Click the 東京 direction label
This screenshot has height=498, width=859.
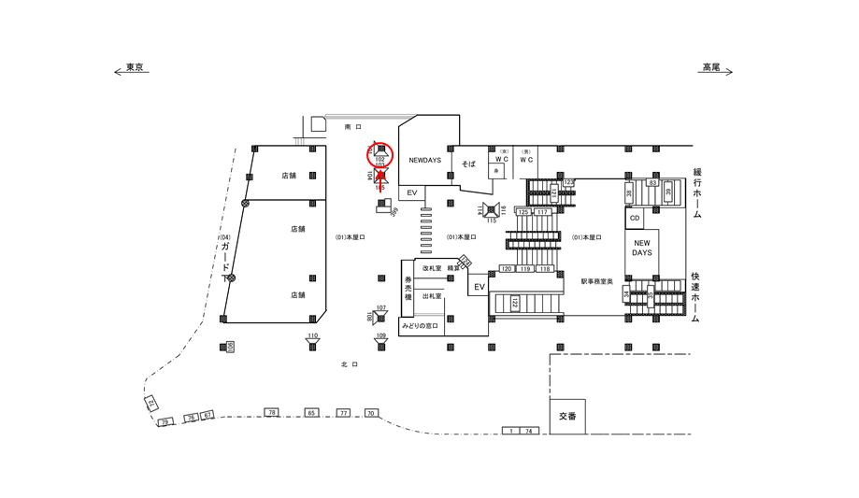click(x=136, y=68)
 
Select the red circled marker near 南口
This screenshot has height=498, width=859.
click(x=380, y=155)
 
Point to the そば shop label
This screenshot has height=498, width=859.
click(x=468, y=164)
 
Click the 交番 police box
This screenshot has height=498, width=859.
click(x=568, y=417)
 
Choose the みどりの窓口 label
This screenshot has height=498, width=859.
click(x=420, y=326)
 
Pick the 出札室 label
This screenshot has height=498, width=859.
click(x=431, y=296)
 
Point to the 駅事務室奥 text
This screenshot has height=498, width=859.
click(x=595, y=281)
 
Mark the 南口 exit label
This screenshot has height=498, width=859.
click(x=351, y=126)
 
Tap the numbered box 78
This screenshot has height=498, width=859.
click(x=271, y=412)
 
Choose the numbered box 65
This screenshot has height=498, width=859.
click(x=311, y=412)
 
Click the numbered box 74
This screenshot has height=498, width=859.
click(x=528, y=431)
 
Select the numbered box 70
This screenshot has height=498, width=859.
click(x=370, y=412)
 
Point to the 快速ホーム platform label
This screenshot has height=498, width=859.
click(x=696, y=298)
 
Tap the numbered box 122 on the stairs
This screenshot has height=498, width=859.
click(x=514, y=303)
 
